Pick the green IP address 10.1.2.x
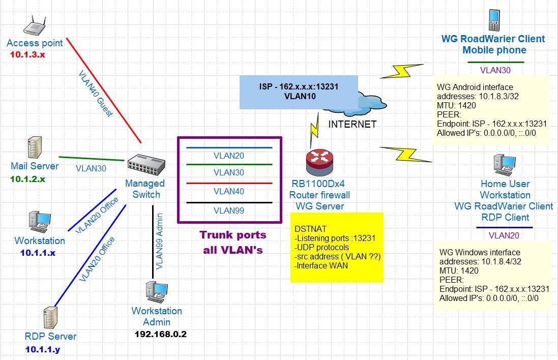(27, 179)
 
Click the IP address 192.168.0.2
(158, 334)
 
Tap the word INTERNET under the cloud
(353, 124)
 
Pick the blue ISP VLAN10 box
(298, 92)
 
